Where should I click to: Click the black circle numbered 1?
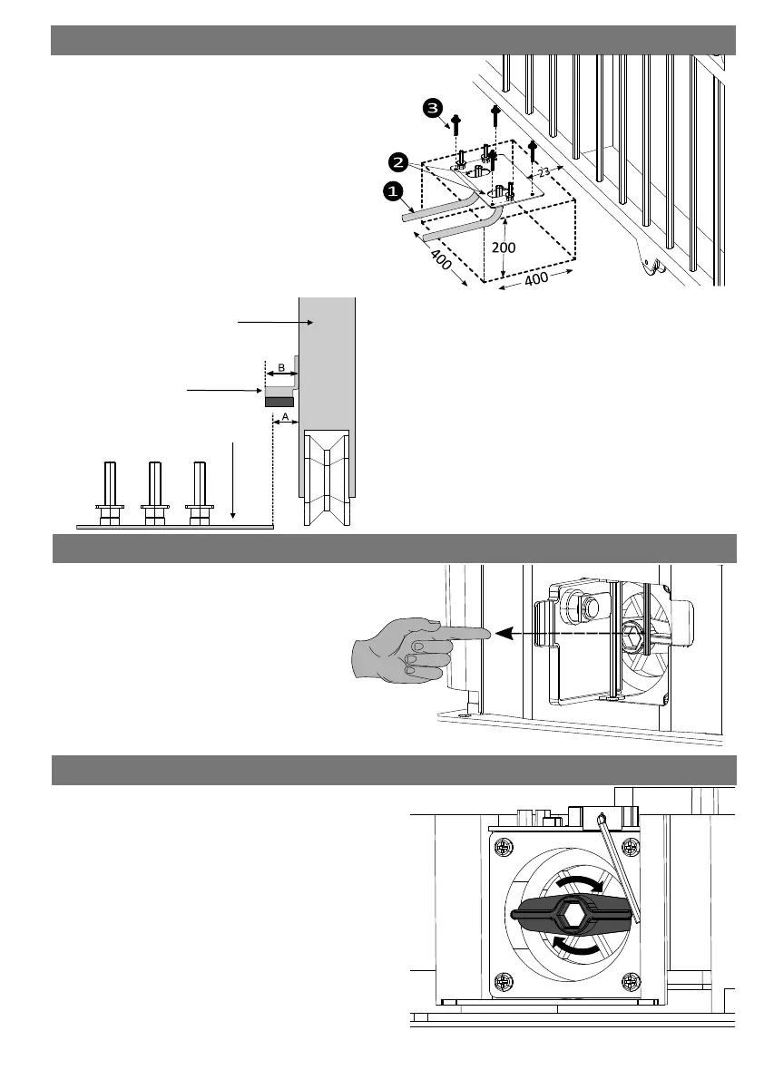point(392,191)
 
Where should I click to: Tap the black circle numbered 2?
point(397,162)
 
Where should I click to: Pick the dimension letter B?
point(280,367)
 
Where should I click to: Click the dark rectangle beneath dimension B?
point(279,401)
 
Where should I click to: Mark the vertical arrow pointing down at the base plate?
point(234,481)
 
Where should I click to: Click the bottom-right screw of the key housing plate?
point(633,983)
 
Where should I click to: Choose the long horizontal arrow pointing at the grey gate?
point(268,320)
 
